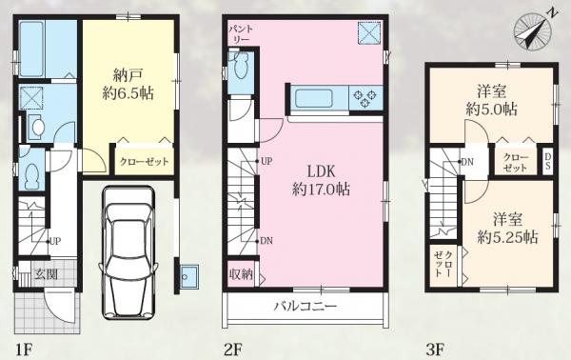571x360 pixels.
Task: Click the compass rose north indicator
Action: coord(532,30)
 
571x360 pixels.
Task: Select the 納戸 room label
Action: coord(128,76)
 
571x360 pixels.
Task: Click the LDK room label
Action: coord(321,171)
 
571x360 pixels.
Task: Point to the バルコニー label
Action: coord(305,306)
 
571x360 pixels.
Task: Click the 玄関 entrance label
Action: coord(47,273)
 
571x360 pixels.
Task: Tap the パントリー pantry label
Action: coord(241,34)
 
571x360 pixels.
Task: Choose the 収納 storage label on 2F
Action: coord(241,274)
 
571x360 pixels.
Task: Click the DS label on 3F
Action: coord(547,161)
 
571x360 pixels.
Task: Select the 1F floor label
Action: coord(25,350)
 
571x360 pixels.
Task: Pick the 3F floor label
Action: coord(435,350)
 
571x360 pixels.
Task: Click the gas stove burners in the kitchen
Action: coord(366,98)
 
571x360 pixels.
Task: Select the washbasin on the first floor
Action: coord(36,128)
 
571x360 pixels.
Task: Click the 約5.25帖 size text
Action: coord(507,237)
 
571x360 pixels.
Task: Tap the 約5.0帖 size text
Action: coord(492,109)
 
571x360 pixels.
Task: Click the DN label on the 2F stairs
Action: coord(266,241)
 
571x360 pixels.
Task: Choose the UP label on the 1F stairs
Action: coord(55,241)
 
